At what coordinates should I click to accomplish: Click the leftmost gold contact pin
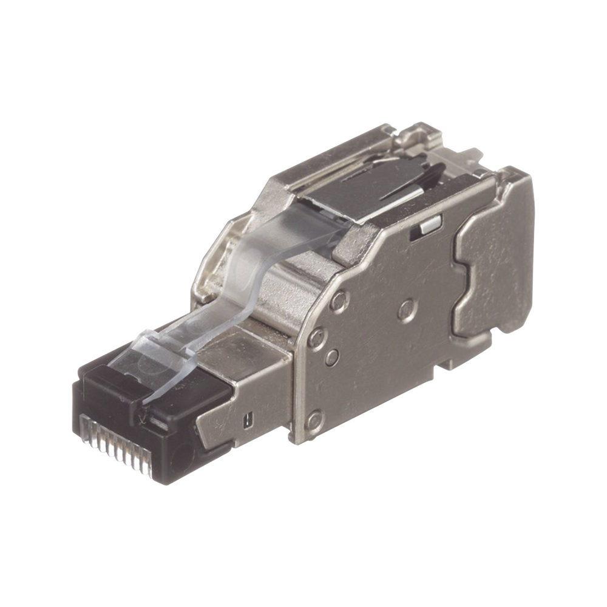pos(84,419)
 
